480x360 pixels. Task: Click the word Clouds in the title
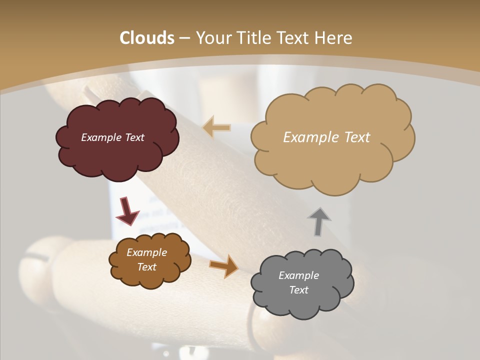tap(147, 38)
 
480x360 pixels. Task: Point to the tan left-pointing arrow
tap(216, 127)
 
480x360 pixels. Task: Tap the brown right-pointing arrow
tap(224, 266)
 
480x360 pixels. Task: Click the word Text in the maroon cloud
tap(134, 137)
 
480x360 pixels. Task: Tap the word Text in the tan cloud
tap(357, 137)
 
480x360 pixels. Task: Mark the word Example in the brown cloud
tap(146, 252)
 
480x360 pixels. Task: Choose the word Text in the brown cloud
tap(147, 267)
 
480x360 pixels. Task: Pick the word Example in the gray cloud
tap(298, 275)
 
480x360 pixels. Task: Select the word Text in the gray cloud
tap(298, 290)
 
